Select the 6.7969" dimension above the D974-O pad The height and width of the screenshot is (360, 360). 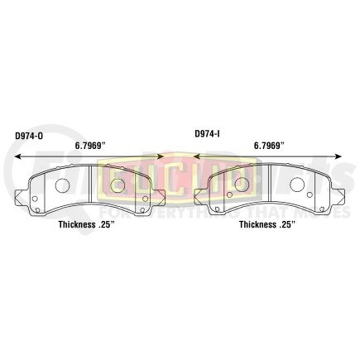click(x=89, y=145)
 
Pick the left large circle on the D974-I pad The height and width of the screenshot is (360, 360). click(x=242, y=185)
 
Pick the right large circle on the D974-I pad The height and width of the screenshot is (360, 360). click(x=296, y=185)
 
